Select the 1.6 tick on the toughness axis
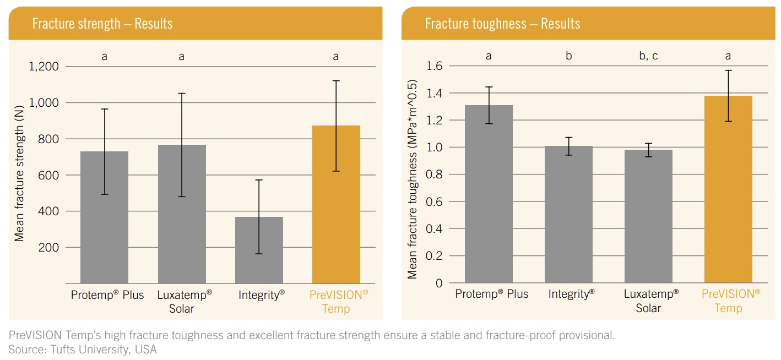[435, 66]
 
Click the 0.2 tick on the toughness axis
[435, 256]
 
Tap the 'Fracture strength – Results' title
[102, 24]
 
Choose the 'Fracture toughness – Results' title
[502, 24]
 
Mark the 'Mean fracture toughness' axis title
[413, 179]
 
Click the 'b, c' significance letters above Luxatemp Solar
[648, 56]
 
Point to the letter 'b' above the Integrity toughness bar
[568, 56]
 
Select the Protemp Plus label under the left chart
[107, 295]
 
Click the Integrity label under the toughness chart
[571, 294]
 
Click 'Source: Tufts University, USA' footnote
[83, 349]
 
